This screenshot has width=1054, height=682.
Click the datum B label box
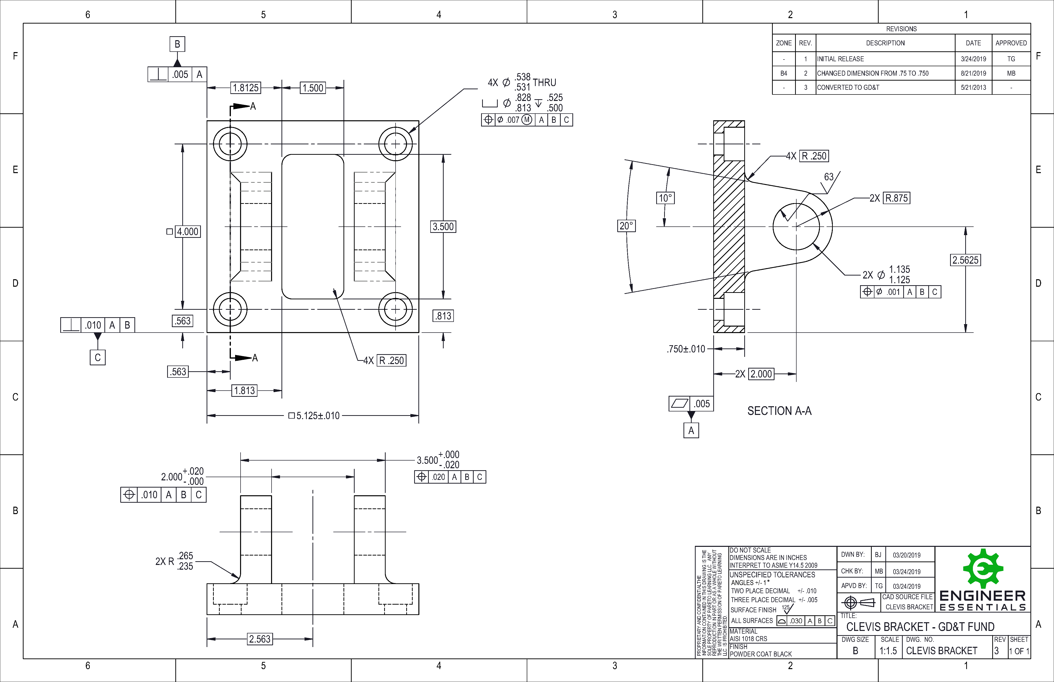(177, 44)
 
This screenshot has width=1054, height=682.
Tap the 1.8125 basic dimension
(246, 88)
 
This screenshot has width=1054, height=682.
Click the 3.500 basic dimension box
(443, 227)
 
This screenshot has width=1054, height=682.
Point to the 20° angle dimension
(626, 226)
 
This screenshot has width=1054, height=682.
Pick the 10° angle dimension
(665, 198)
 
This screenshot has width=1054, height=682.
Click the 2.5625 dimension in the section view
(965, 260)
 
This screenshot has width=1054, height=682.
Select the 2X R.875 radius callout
(890, 198)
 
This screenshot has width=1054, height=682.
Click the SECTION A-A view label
(779, 411)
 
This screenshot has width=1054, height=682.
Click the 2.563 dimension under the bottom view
(259, 639)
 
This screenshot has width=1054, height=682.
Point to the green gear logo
(983, 569)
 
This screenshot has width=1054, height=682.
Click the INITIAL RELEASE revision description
(840, 59)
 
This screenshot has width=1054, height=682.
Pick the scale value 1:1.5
(888, 651)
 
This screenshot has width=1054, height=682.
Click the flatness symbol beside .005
(679, 403)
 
